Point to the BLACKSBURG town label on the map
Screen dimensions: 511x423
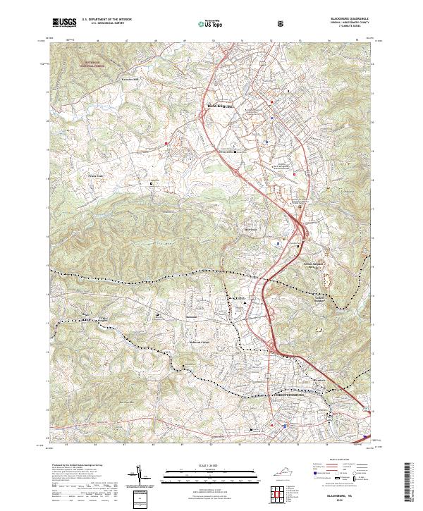point(221,105)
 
